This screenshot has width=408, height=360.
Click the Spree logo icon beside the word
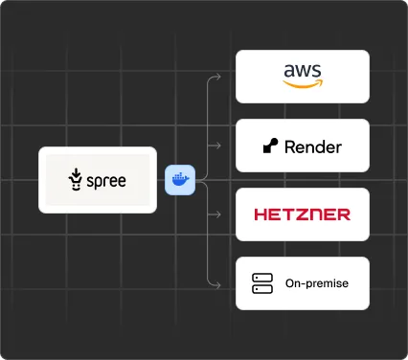(x=76, y=179)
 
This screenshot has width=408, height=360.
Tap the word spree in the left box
(x=106, y=180)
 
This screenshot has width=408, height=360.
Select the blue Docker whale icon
(x=179, y=179)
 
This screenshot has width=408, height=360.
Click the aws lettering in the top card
(x=303, y=71)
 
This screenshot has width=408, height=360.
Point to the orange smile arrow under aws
(x=303, y=84)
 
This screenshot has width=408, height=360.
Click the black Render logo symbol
(x=270, y=146)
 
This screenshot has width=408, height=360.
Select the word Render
(x=312, y=146)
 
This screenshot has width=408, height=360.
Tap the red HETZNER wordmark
(x=303, y=214)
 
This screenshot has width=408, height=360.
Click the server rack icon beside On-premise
(x=262, y=283)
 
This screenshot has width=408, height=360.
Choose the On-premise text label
(x=317, y=283)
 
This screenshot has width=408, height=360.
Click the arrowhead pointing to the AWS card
(x=219, y=75)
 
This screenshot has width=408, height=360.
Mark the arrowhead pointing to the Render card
(x=219, y=146)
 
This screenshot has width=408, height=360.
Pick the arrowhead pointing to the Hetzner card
(x=219, y=214)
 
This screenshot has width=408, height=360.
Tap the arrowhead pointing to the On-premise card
(x=219, y=283)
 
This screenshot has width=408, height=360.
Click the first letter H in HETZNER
(x=261, y=214)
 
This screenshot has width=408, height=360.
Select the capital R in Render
(x=291, y=146)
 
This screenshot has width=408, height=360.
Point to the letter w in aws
(x=303, y=71)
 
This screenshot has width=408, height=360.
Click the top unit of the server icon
(x=262, y=279)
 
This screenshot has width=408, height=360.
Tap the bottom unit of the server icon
(x=262, y=288)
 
